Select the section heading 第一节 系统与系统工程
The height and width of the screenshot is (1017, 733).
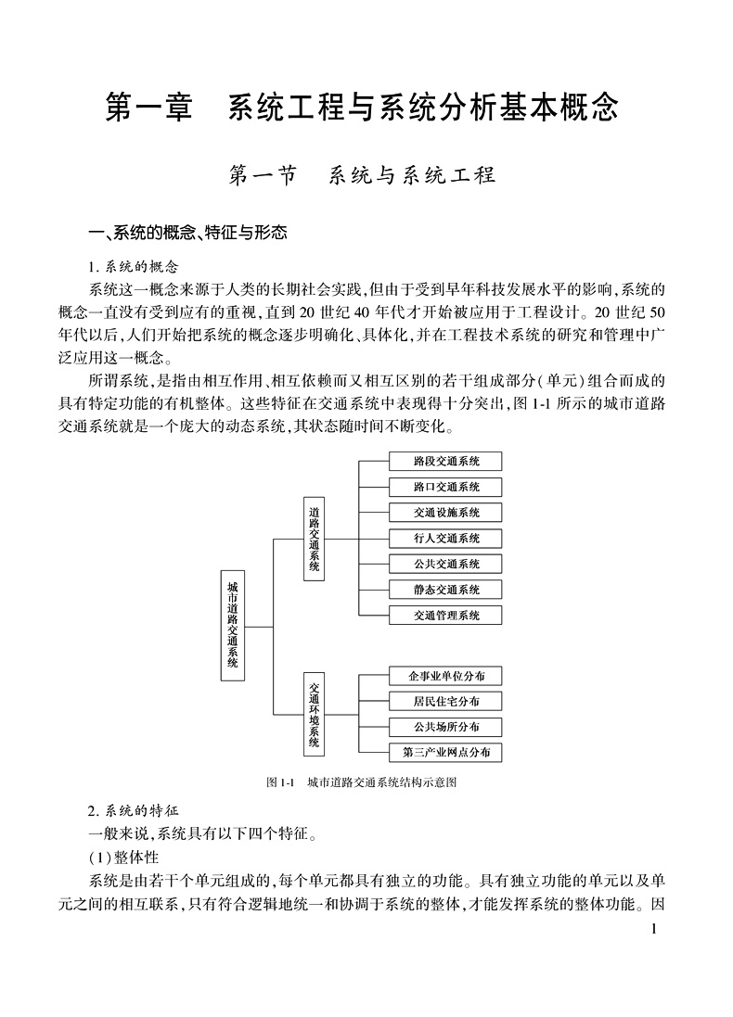click(x=362, y=175)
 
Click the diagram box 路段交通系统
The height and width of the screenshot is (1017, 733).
click(x=446, y=461)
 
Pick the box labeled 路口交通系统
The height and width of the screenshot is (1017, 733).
click(x=446, y=487)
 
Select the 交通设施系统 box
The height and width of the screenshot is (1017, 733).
click(x=446, y=513)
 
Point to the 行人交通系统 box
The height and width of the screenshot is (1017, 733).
click(x=446, y=538)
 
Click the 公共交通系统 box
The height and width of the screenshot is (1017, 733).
click(x=446, y=564)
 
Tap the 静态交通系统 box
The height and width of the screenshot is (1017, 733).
click(x=446, y=590)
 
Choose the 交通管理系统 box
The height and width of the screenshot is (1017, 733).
click(x=446, y=615)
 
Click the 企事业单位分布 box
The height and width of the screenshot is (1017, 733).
click(x=446, y=675)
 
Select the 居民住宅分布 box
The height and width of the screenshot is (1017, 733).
click(x=446, y=701)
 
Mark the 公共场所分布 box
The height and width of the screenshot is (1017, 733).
click(x=446, y=727)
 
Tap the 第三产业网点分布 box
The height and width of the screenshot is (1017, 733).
click(x=446, y=752)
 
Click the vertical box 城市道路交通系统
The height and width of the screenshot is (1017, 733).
click(x=232, y=625)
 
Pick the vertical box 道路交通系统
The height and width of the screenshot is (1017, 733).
click(x=315, y=539)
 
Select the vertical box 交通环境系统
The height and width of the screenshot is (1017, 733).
click(x=315, y=714)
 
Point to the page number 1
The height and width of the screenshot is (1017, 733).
click(x=654, y=929)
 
